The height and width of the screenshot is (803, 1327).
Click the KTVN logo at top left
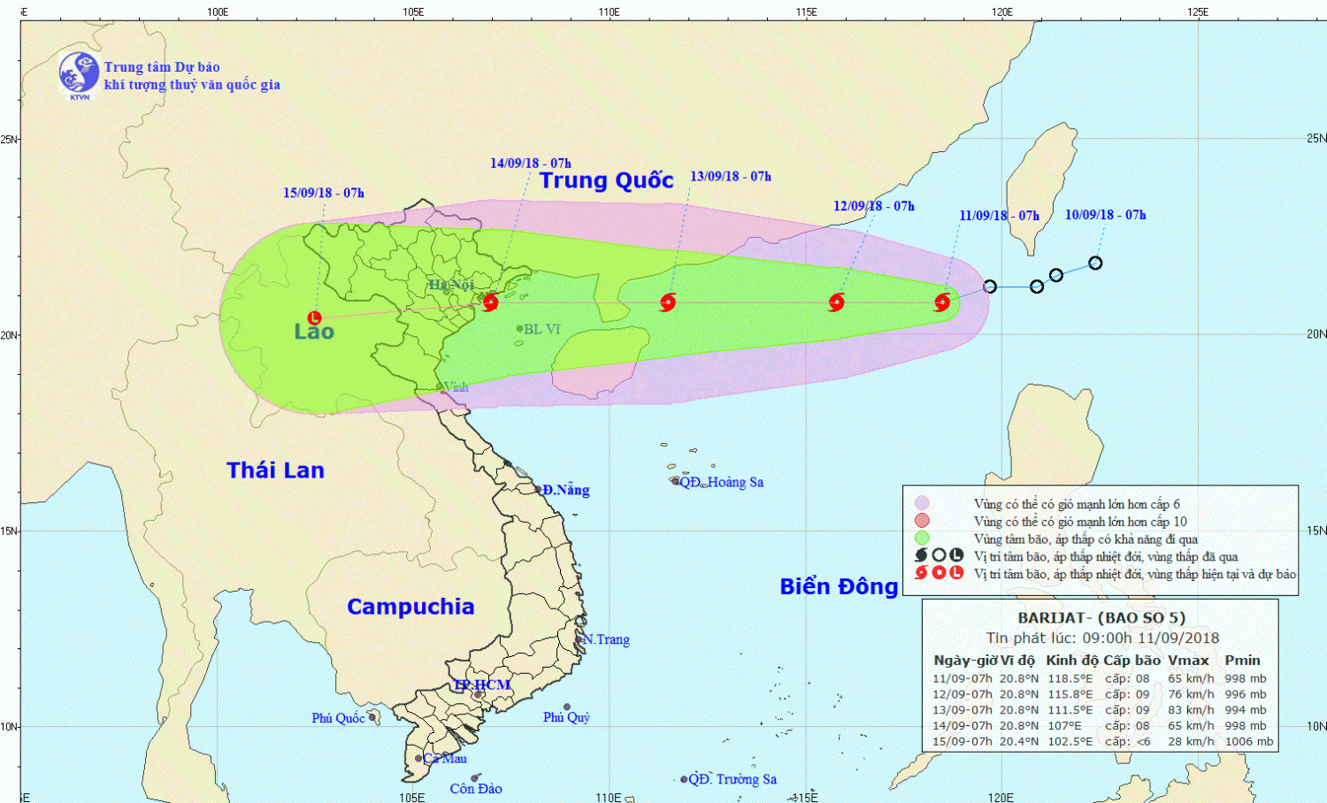[x=79, y=73]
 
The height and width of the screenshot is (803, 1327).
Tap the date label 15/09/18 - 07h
[x=323, y=193]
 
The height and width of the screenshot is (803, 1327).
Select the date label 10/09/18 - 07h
[x=1105, y=215]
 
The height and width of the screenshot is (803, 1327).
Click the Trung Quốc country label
[x=606, y=180]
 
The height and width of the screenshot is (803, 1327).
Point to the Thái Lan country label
[x=275, y=470]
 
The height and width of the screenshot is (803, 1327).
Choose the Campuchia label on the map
[x=410, y=607]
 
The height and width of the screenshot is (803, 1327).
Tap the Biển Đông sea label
[x=839, y=587]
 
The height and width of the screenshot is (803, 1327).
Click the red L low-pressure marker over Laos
[x=314, y=317]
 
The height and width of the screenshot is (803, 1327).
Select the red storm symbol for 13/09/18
[x=668, y=302]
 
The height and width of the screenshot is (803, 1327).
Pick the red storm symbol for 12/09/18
[x=836, y=302]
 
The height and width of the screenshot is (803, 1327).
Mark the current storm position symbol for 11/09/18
[x=942, y=302]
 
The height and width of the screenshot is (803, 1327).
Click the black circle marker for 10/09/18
[x=1095, y=263]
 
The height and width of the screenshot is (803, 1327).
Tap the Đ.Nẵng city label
[x=565, y=490]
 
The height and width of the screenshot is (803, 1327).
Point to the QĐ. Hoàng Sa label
[x=721, y=482]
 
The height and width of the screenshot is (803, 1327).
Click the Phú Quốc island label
[x=338, y=718]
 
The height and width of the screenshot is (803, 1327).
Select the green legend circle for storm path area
[x=922, y=539]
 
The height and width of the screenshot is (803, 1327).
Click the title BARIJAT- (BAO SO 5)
[x=1101, y=618]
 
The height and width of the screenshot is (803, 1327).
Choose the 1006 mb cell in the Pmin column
[x=1248, y=742]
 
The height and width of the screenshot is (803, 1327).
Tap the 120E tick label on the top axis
[x=1001, y=11]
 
